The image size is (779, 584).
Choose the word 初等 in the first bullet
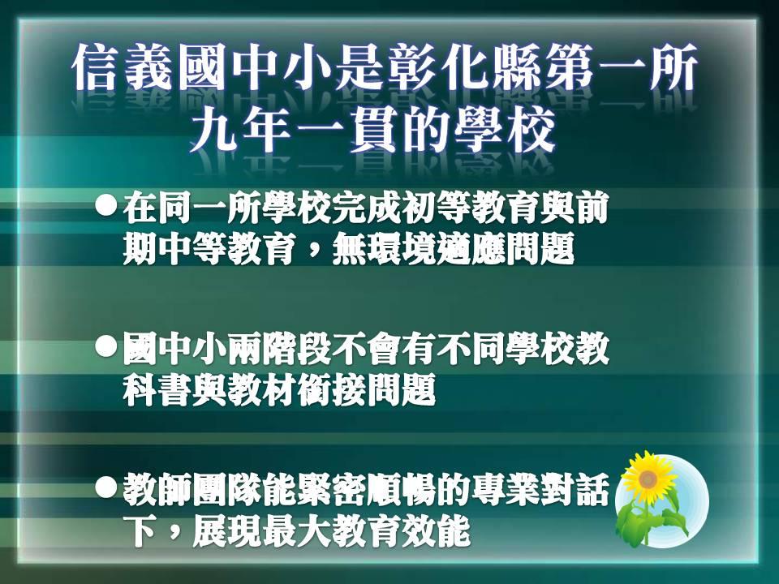(454, 210)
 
